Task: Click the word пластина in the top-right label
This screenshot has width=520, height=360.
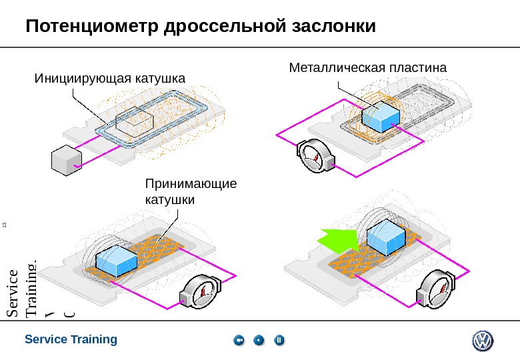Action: pyautogui.click(x=416, y=67)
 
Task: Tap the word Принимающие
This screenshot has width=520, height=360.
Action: pyautogui.click(x=191, y=183)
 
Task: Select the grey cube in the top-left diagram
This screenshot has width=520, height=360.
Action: pyautogui.click(x=65, y=160)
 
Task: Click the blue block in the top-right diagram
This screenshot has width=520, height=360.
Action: pyautogui.click(x=381, y=117)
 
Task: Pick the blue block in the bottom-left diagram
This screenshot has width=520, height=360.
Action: pyautogui.click(x=116, y=259)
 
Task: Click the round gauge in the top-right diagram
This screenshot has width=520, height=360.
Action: pyautogui.click(x=315, y=157)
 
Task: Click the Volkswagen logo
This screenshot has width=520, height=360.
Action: pyautogui.click(x=483, y=341)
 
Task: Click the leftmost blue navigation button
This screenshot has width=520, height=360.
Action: pyautogui.click(x=239, y=341)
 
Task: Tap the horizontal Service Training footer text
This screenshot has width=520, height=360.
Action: pyautogui.click(x=71, y=339)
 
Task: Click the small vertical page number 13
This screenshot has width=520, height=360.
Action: pyautogui.click(x=5, y=224)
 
